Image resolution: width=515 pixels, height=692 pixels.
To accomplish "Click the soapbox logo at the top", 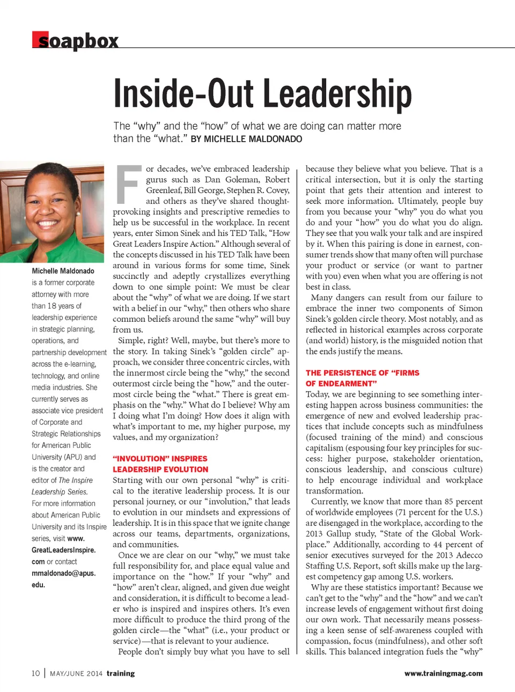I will (75, 41).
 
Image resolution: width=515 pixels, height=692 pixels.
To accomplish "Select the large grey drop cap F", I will (128, 185).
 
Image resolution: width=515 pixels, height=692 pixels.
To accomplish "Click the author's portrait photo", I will (52, 212).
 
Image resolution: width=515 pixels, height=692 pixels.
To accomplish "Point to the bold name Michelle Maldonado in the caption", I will (63, 271).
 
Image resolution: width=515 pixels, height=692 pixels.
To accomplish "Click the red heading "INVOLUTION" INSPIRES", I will (160, 459).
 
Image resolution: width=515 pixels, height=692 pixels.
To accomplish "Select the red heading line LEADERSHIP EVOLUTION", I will (160, 469).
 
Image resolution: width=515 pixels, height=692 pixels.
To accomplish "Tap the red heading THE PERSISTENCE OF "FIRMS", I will (363, 373).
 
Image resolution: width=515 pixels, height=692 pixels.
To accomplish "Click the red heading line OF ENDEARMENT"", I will (341, 384).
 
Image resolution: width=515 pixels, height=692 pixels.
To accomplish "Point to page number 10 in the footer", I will (35, 673).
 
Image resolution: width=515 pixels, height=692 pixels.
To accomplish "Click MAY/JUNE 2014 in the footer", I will (76, 674).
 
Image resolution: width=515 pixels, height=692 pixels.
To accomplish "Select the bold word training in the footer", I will (121, 673).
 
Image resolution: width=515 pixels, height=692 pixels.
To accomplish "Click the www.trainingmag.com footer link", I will (443, 673).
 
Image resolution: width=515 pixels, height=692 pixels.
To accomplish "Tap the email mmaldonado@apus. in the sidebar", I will (63, 573).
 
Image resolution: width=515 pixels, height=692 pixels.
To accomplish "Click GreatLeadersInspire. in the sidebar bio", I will (63, 550).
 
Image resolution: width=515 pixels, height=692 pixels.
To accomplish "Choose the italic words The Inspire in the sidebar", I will (76, 480).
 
